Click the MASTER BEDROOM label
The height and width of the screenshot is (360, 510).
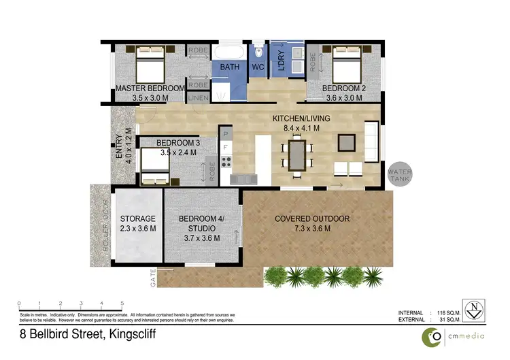click(x=150, y=89)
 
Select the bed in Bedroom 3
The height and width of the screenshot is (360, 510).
click(x=156, y=167)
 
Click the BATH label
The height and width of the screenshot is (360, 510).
click(x=228, y=68)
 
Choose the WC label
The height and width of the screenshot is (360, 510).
click(x=258, y=68)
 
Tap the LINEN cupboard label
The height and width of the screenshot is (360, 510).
click(x=198, y=98)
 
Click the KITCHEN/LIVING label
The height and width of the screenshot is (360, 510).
click(x=301, y=119)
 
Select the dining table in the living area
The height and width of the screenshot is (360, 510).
click(x=297, y=154)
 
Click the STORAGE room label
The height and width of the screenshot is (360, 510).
click(x=138, y=218)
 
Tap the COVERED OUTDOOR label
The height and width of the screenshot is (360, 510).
click(x=312, y=218)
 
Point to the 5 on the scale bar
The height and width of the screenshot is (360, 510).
click(x=122, y=304)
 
